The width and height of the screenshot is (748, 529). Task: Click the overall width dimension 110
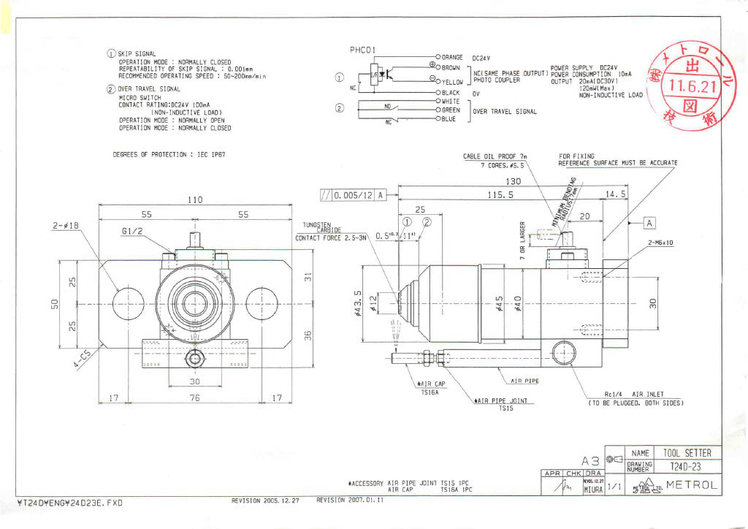click(x=194, y=200)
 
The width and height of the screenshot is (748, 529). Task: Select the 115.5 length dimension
click(x=501, y=195)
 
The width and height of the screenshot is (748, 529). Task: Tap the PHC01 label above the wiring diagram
click(x=362, y=50)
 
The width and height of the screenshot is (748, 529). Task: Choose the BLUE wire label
click(x=449, y=119)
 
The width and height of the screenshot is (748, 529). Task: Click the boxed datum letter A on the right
click(x=649, y=222)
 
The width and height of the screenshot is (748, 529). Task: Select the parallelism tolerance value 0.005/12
click(x=354, y=196)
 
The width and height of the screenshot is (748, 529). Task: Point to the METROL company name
click(x=692, y=486)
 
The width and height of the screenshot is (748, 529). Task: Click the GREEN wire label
click(x=451, y=110)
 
